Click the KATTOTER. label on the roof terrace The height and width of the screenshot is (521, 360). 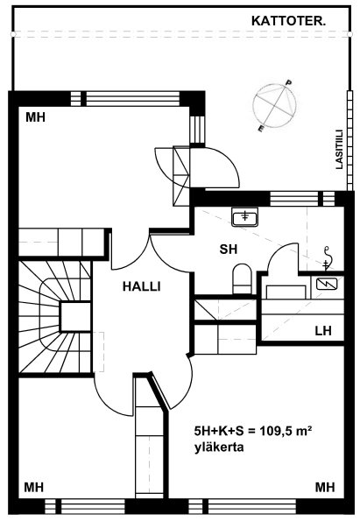pyautogui.click(x=288, y=22)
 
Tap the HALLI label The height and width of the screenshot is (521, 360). pyautogui.click(x=142, y=286)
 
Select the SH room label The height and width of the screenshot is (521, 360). pyautogui.click(x=229, y=250)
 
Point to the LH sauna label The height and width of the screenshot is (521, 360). pyautogui.click(x=323, y=331)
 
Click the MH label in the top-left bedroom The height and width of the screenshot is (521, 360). pyautogui.click(x=35, y=117)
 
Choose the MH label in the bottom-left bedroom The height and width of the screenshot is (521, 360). pyautogui.click(x=34, y=488)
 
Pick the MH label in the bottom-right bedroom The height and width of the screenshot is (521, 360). pyautogui.click(x=325, y=488)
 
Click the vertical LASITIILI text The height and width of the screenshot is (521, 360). pyautogui.click(x=339, y=150)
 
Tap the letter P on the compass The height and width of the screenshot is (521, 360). pyautogui.click(x=289, y=82)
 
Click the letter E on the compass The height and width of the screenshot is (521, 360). pyautogui.click(x=262, y=129)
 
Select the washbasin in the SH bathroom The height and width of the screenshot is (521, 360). pyautogui.click(x=245, y=217)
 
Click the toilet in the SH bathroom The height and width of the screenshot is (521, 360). pyautogui.click(x=242, y=278)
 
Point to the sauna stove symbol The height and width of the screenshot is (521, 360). pyautogui.click(x=327, y=284)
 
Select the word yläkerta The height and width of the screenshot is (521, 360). pyautogui.click(x=219, y=447)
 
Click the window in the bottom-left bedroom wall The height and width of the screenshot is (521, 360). pyautogui.click(x=85, y=506)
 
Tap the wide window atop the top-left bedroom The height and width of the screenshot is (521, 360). pyautogui.click(x=133, y=99)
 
